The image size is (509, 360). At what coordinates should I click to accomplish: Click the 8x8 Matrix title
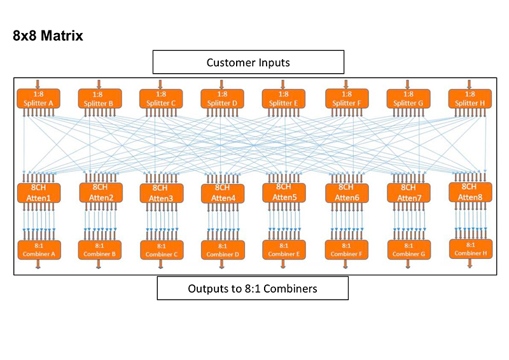[48, 36]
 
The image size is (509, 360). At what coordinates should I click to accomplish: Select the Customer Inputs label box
[248, 62]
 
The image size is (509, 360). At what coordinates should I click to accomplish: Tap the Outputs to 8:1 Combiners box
[253, 288]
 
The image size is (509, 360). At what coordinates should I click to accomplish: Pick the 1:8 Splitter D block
[222, 99]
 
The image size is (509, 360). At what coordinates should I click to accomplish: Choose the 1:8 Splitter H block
[470, 99]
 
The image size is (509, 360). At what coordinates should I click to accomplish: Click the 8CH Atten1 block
[39, 193]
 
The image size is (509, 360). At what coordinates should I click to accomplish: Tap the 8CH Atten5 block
[284, 193]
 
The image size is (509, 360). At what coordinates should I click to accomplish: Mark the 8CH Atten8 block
[469, 192]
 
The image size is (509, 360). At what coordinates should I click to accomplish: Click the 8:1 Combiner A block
[39, 249]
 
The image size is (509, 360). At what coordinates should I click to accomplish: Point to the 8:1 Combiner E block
[284, 249]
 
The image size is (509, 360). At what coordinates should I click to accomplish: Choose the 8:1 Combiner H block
[470, 249]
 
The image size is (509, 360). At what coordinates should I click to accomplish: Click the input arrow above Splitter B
[99, 83]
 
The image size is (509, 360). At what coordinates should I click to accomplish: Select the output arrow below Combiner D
[222, 264]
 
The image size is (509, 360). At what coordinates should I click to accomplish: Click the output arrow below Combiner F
[346, 264]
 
